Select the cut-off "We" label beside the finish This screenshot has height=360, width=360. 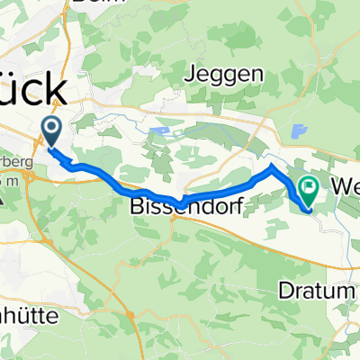point(346,187)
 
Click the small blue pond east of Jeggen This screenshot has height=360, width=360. point(297,130)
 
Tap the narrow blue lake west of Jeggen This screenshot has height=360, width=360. point(162,131)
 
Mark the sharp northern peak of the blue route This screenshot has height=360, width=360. point(273,166)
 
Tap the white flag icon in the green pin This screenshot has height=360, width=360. point(310,187)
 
